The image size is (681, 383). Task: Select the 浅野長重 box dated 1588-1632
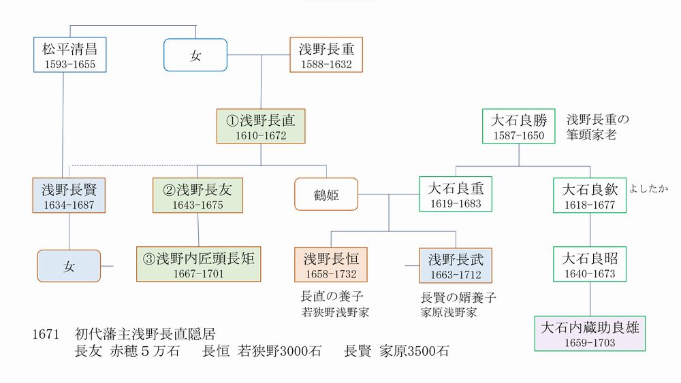pyautogui.click(x=326, y=54)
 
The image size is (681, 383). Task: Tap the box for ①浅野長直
pyautogui.click(x=262, y=126)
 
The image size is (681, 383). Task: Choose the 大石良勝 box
pyautogui.click(x=519, y=126)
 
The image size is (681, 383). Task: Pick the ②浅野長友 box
pyautogui.click(x=197, y=195)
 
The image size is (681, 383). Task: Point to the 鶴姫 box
pyautogui.click(x=326, y=195)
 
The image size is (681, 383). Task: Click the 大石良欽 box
pyautogui.click(x=589, y=195)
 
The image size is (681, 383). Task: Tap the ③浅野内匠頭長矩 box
pyautogui.click(x=199, y=265)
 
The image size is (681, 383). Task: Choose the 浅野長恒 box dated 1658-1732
pyautogui.click(x=331, y=265)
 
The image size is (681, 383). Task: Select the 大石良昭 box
pyautogui.click(x=589, y=265)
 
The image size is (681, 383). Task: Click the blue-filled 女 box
pyautogui.click(x=69, y=266)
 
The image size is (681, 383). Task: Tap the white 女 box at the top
pyautogui.click(x=196, y=55)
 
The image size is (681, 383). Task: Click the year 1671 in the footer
pyautogui.click(x=46, y=335)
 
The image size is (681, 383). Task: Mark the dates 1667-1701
pyautogui.click(x=199, y=273)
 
